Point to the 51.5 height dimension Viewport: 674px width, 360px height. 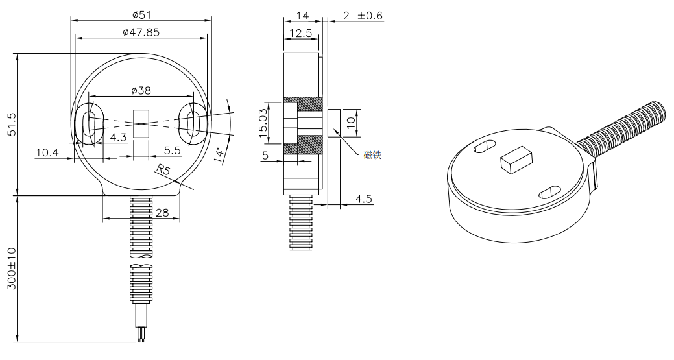10,124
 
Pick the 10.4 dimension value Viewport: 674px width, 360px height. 47,152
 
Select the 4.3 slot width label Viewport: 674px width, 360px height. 118,138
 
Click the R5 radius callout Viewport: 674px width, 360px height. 164,171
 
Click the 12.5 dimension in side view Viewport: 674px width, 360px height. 300,32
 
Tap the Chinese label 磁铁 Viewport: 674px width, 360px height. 372,155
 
